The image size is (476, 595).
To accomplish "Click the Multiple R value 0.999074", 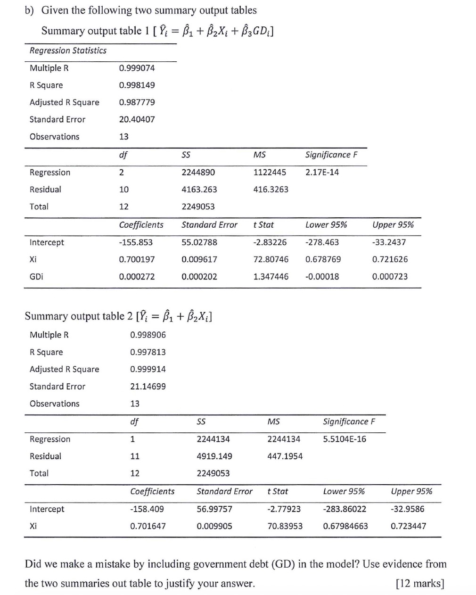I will click(137, 68).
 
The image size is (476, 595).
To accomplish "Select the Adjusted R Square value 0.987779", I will click(137, 102).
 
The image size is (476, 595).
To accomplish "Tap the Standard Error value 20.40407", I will click(137, 119).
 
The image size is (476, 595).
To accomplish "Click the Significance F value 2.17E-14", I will click(322, 172).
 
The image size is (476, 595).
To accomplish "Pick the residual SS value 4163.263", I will click(199, 190).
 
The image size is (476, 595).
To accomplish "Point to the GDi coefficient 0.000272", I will click(137, 277).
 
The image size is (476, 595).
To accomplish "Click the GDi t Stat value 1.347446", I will click(271, 277).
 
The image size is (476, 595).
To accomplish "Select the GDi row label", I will click(36, 277).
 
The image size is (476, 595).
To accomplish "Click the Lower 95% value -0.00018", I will click(322, 277).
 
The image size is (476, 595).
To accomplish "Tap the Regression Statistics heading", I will click(68, 50).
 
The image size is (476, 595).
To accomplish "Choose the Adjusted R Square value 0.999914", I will click(148, 369).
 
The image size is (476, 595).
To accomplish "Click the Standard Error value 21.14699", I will click(148, 387).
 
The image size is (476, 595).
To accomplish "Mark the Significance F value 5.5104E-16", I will click(345, 439).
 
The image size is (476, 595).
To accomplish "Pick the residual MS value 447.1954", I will click(285, 456).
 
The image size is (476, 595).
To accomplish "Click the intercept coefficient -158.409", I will click(147, 509).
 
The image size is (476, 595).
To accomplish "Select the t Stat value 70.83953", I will click(285, 526).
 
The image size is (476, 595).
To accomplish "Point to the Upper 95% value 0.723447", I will click(408, 526).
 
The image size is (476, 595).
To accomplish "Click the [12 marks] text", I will click(420, 584).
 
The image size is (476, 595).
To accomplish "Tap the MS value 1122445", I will click(270, 172).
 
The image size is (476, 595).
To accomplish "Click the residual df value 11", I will click(135, 456).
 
